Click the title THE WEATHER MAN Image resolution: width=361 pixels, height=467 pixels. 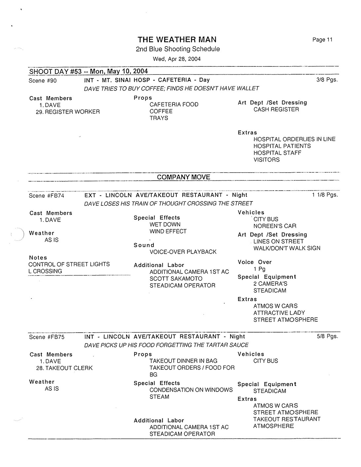(x=177, y=40)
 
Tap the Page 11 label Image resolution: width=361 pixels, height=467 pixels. (x=322, y=40)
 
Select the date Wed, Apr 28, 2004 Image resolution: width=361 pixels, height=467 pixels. (x=177, y=59)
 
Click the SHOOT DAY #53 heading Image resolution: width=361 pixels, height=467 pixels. (x=89, y=71)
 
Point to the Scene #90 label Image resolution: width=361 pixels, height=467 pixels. (x=43, y=81)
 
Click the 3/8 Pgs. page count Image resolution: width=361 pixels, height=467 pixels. (x=327, y=80)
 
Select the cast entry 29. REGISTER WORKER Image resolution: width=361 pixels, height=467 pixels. (x=68, y=112)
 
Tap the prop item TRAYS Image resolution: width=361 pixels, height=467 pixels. (x=159, y=118)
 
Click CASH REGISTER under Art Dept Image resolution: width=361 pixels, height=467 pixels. (x=276, y=109)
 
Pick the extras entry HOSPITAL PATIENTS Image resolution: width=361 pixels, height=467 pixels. (x=282, y=146)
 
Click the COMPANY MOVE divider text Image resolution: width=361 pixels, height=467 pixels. (x=184, y=177)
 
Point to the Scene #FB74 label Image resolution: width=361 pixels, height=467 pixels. (x=47, y=196)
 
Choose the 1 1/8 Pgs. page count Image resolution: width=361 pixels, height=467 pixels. (x=325, y=195)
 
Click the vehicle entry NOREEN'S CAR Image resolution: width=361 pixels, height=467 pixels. (x=275, y=226)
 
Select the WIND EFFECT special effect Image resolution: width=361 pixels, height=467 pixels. (x=168, y=231)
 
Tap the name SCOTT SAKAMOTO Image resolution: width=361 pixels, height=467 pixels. (x=176, y=278)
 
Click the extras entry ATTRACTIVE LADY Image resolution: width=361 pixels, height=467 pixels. (x=279, y=313)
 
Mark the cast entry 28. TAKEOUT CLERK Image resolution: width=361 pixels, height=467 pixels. (x=64, y=368)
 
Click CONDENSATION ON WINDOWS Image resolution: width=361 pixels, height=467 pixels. (x=191, y=390)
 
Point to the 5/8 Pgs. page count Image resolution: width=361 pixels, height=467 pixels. (x=327, y=336)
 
